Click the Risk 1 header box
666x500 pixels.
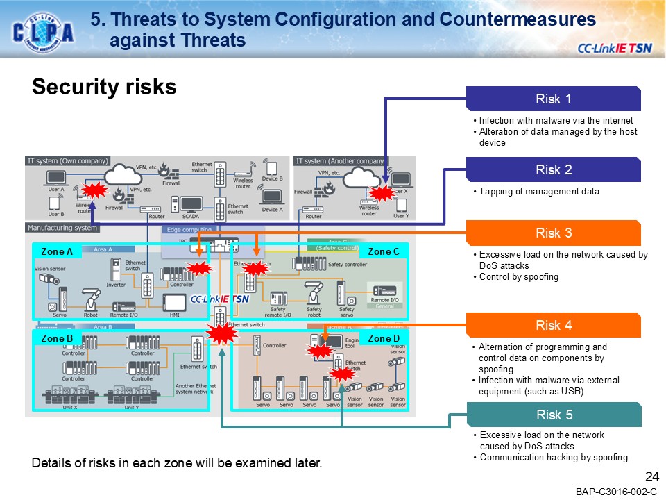(x=553, y=99)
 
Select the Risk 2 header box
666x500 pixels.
(x=553, y=169)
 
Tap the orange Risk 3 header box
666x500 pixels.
(x=553, y=233)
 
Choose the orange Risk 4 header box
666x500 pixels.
(x=553, y=325)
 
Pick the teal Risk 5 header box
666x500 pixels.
(x=553, y=415)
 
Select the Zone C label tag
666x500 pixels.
(x=384, y=251)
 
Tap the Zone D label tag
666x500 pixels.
(x=384, y=339)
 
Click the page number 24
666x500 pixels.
(x=651, y=476)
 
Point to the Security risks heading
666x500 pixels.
(x=104, y=87)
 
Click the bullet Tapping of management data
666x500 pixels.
(x=539, y=192)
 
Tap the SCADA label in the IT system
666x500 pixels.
(x=190, y=216)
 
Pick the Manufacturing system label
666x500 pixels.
(x=62, y=228)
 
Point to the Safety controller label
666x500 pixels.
(x=348, y=265)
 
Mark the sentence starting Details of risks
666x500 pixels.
(x=177, y=463)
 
